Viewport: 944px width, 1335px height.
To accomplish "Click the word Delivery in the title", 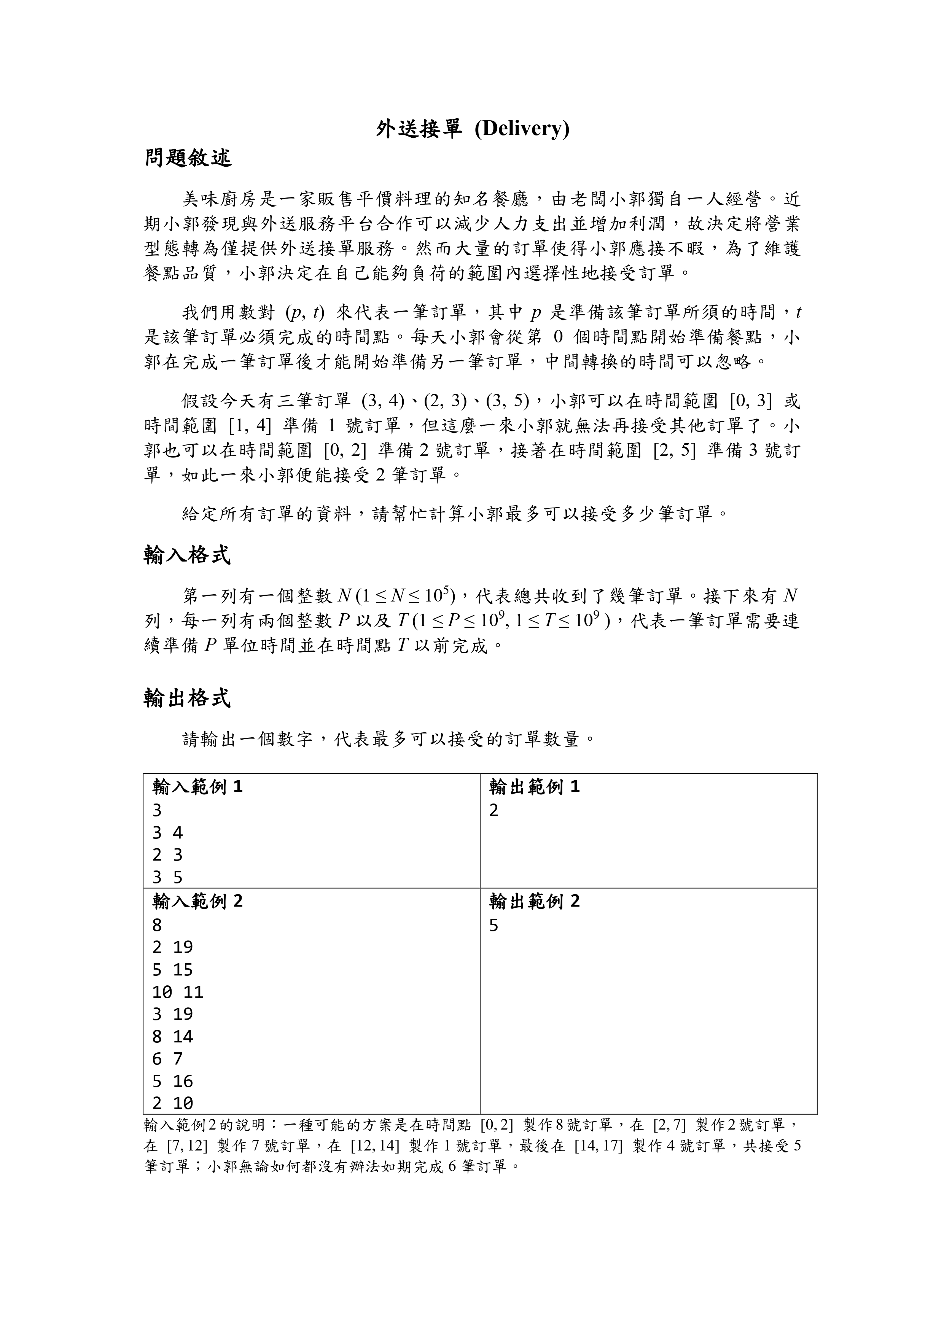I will pyautogui.click(x=522, y=129).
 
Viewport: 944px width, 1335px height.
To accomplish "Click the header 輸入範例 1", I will pyautogui.click(x=197, y=787).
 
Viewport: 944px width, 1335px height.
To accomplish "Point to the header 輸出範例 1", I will pyautogui.click(x=534, y=787).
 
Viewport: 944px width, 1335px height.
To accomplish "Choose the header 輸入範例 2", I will pyautogui.click(x=197, y=901).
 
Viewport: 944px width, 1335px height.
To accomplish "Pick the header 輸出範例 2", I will pyautogui.click(x=534, y=901).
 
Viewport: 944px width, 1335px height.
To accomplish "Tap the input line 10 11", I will pyautogui.click(x=177, y=991).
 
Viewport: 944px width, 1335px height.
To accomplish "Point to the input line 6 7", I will pyautogui.click(x=167, y=1058).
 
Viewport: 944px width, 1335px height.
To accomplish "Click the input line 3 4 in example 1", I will pyautogui.click(x=167, y=833).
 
